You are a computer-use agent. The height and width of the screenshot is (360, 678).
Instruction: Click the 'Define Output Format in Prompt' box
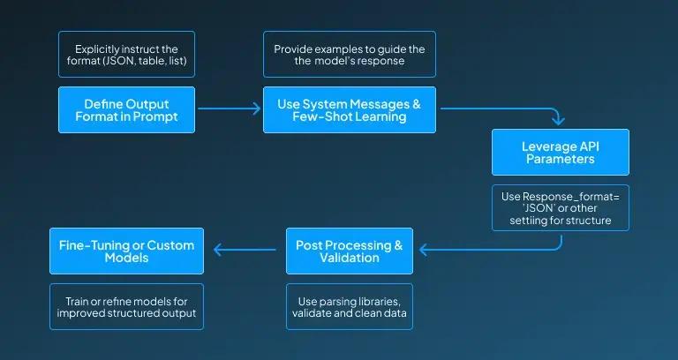click(x=127, y=109)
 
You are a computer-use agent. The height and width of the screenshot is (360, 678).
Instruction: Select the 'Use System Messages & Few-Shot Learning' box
click(x=350, y=109)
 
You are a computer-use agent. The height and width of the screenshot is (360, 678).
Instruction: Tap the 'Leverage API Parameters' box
click(x=561, y=152)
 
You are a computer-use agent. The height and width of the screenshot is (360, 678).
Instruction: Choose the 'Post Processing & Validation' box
click(x=350, y=251)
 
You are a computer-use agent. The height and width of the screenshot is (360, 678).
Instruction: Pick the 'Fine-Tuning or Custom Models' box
click(x=127, y=251)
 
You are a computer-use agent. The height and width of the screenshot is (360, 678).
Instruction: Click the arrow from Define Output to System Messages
click(x=230, y=109)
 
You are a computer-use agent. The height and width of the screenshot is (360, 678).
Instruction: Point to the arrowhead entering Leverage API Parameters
click(x=558, y=120)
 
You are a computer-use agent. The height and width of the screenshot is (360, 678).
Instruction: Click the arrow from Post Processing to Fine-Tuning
click(x=245, y=250)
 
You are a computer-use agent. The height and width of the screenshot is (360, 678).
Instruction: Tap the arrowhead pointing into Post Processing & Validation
click(x=424, y=250)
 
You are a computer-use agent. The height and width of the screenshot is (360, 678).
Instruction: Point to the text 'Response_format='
click(x=571, y=197)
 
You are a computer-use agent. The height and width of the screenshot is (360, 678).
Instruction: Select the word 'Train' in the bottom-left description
click(x=76, y=301)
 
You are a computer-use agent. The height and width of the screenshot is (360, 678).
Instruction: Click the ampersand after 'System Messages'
click(x=416, y=105)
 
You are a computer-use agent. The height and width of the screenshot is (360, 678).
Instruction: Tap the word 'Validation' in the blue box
click(x=350, y=258)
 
